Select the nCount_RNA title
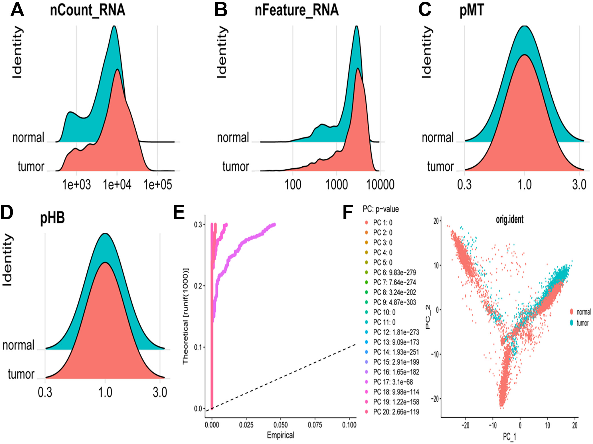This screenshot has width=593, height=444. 88,10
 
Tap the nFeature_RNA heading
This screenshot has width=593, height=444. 297,10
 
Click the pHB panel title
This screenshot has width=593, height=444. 52,218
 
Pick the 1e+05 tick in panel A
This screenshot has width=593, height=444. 158,185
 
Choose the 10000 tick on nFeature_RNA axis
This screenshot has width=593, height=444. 380,185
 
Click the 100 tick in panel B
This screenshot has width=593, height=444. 293,185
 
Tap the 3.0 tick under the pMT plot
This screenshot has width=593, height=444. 579,185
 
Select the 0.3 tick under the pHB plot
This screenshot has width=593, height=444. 45,392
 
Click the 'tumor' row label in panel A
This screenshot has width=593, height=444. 31,166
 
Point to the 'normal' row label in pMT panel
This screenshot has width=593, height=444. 438,138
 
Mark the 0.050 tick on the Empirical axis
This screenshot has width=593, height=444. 280,425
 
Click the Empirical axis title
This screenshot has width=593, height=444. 280,435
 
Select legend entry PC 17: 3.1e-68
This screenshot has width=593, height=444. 393,382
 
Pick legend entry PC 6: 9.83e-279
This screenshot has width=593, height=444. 394,272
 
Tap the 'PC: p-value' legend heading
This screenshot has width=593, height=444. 381,209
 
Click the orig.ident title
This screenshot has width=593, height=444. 510,219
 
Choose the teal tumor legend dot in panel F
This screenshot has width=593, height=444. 572,323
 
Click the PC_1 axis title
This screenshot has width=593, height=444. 509,437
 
